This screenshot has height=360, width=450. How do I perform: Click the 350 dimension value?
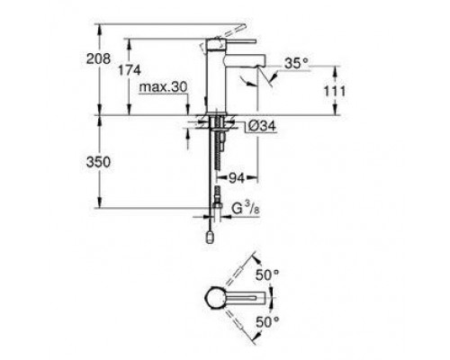[107, 162]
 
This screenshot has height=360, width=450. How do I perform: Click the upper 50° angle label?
[269, 271]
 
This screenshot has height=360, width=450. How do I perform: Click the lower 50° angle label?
[269, 319]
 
